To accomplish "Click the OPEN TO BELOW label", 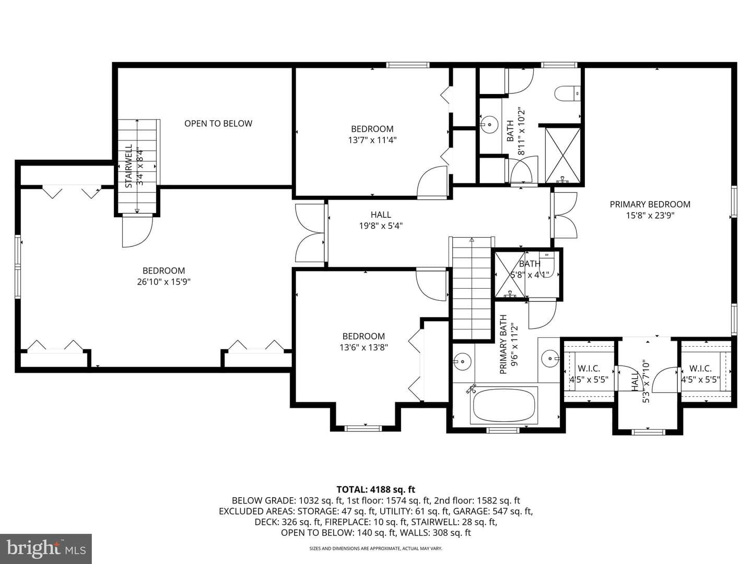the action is tap(218, 123).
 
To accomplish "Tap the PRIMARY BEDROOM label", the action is tap(650, 204).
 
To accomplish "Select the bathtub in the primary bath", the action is tap(503, 405).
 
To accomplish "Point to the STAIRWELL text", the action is tap(129, 166).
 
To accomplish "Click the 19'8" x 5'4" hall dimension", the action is tap(381, 226).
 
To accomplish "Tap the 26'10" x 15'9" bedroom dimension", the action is tap(164, 282).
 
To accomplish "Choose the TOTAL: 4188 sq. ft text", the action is tap(376, 489).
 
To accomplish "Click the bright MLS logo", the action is tap(46, 549).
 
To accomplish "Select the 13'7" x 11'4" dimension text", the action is tap(372, 140).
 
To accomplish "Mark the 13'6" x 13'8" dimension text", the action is tap(363, 348).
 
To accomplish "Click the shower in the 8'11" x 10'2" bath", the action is tap(562, 155).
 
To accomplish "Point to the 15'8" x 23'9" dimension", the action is tap(650, 215).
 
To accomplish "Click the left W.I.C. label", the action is tap(589, 369).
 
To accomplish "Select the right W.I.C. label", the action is tap(701, 369).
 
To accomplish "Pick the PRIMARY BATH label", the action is tap(503, 344).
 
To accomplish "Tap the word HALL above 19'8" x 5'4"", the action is tap(381, 215).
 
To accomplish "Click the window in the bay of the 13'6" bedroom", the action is tap(363, 428).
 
